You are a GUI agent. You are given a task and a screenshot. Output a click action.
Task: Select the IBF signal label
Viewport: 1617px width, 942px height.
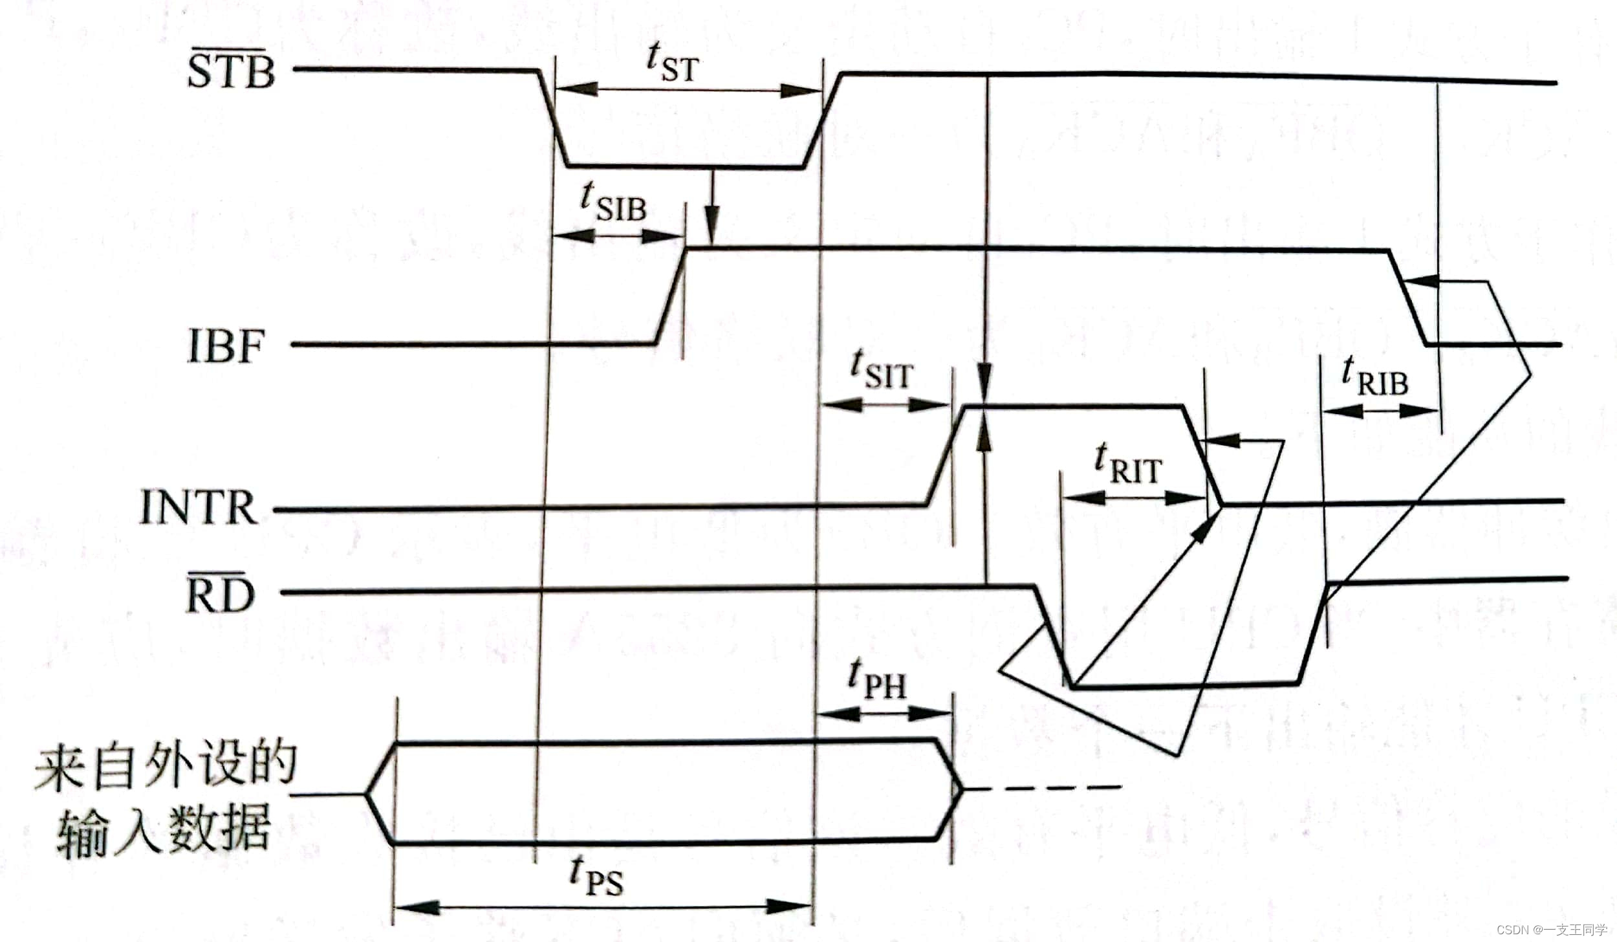(x=226, y=347)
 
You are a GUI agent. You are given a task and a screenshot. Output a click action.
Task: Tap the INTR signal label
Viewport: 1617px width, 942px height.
(x=199, y=508)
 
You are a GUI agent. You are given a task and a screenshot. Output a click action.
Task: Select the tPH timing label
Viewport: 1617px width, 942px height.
(x=877, y=679)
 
